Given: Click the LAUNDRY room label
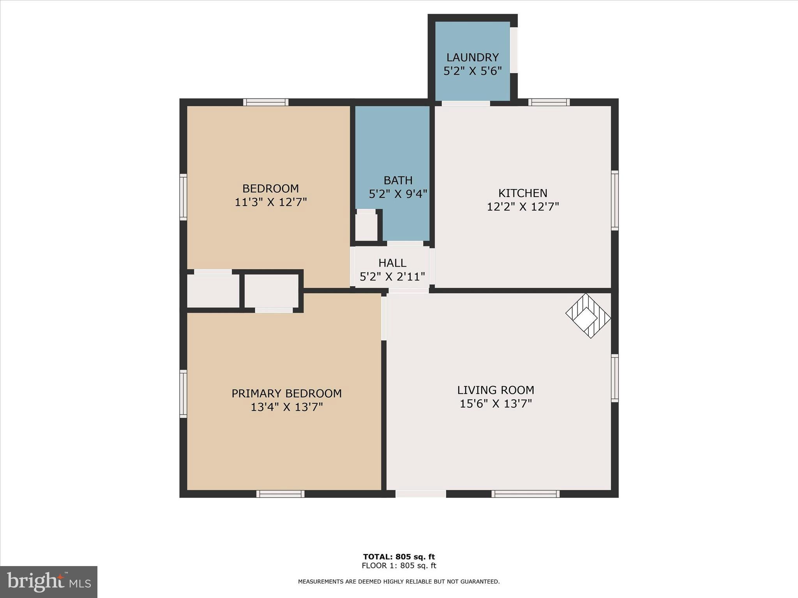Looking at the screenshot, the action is click(472, 58).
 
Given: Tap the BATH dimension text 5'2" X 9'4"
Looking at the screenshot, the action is click(398, 194).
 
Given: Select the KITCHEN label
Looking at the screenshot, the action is click(523, 193).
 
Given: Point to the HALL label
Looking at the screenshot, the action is click(392, 263).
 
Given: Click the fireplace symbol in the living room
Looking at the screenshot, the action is click(588, 315).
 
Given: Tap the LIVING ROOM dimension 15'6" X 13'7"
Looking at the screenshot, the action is click(496, 404).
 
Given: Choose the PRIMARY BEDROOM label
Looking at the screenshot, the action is click(286, 394).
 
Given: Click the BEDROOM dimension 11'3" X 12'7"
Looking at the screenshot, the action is click(270, 202).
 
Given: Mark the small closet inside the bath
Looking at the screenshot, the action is click(367, 226).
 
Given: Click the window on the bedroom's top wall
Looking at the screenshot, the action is click(266, 102).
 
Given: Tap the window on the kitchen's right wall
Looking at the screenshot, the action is click(615, 200).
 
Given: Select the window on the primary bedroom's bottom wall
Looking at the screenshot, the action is click(281, 494).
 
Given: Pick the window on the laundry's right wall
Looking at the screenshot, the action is click(514, 50).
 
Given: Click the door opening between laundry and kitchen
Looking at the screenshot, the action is click(466, 103).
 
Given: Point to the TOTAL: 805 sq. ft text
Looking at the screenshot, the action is click(399, 557).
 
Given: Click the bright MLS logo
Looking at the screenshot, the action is click(49, 582).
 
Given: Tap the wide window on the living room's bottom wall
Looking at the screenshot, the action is click(525, 494).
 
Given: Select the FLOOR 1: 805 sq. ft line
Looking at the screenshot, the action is click(399, 566).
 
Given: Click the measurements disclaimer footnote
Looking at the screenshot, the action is click(399, 582).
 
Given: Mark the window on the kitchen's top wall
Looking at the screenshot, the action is click(549, 102).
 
